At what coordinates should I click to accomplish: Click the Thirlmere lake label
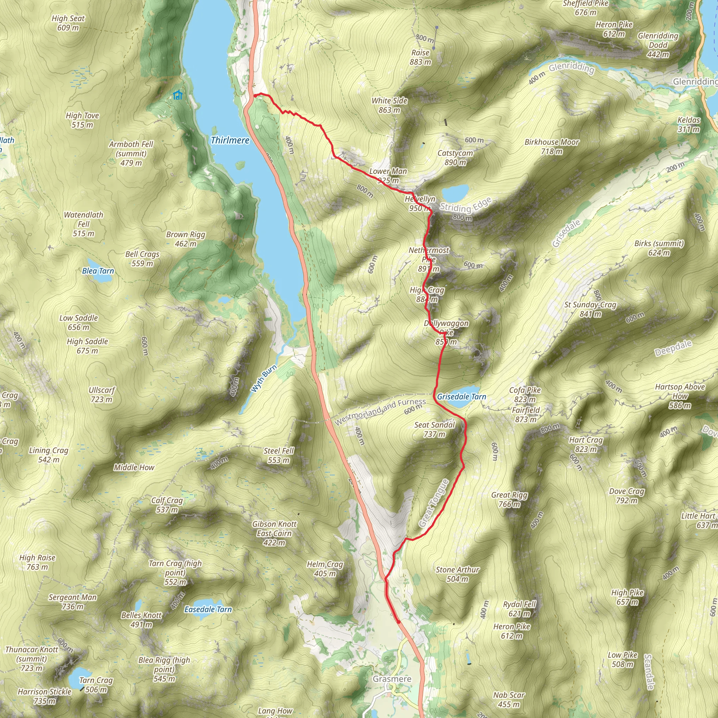click(x=230, y=141)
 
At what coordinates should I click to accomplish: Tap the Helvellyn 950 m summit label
click(x=420, y=204)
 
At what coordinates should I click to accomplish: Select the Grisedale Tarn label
click(x=461, y=397)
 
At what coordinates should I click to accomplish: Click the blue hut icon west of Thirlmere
click(x=178, y=95)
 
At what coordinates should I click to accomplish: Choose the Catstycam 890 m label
click(x=455, y=157)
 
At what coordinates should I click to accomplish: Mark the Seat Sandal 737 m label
click(x=434, y=429)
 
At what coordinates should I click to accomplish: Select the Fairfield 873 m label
click(x=526, y=415)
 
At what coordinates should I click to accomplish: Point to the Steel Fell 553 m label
click(x=279, y=455)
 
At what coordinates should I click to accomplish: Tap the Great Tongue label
click(x=434, y=503)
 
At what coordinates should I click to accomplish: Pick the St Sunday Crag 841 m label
click(x=590, y=309)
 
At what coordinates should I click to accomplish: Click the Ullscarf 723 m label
click(x=102, y=395)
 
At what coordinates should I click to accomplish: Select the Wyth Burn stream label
click(x=264, y=379)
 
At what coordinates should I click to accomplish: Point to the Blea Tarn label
click(x=98, y=271)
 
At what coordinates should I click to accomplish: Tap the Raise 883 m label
click(x=420, y=57)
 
